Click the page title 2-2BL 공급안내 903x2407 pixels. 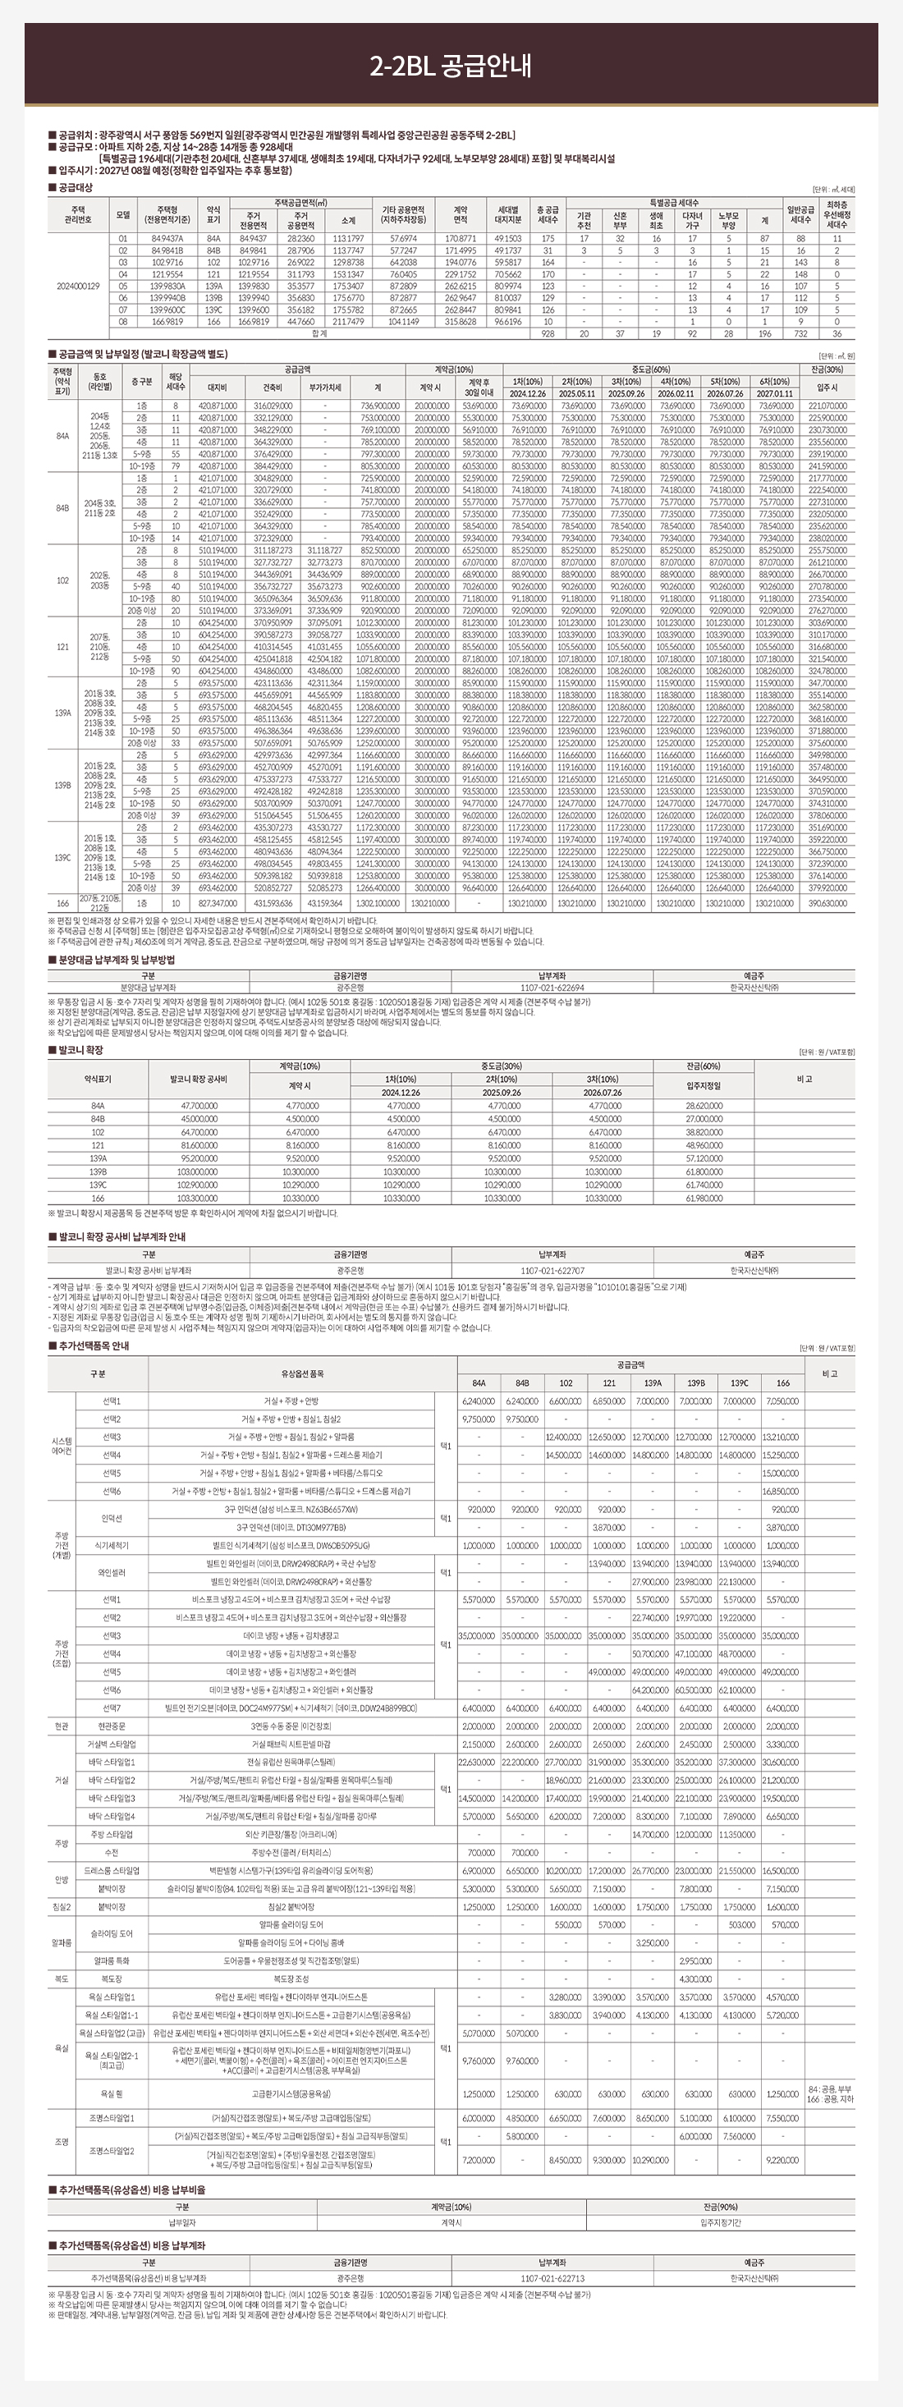(451, 66)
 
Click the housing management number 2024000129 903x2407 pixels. (78, 286)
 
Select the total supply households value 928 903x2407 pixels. (548, 333)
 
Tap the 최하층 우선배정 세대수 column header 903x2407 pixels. (837, 214)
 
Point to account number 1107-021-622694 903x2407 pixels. (552, 988)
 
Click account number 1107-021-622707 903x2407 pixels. (552, 1271)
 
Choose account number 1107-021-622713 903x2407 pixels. (552, 2278)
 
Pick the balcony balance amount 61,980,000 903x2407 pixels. (704, 1198)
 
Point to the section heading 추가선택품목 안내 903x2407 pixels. (94, 1346)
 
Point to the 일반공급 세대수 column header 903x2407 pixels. (800, 214)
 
